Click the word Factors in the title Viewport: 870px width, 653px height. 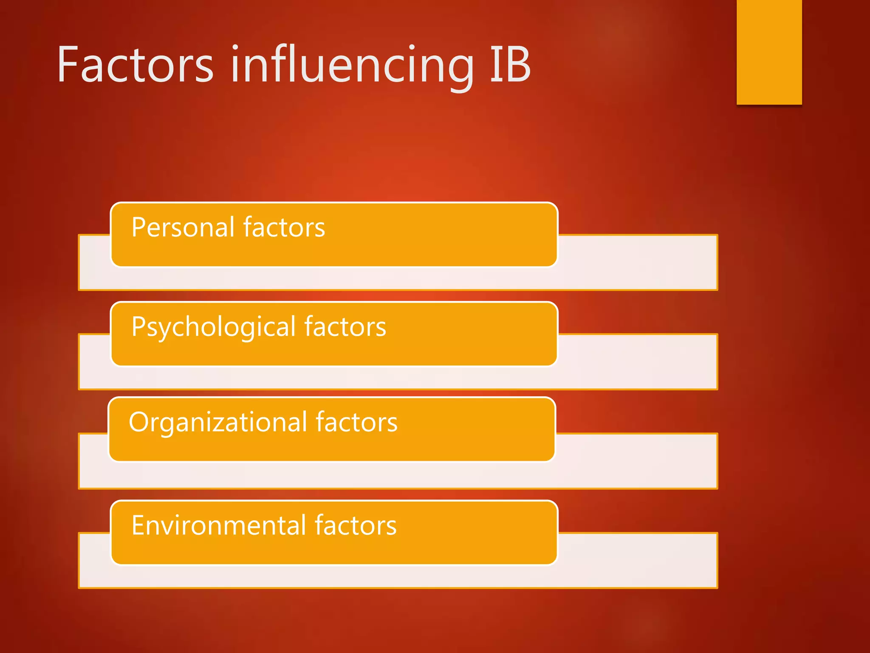tap(135, 65)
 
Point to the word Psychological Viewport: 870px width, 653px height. tap(213, 327)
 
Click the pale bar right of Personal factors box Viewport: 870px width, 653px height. tap(637, 262)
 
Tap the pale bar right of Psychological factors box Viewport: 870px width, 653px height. tap(637, 361)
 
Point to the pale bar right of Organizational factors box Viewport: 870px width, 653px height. tap(637, 461)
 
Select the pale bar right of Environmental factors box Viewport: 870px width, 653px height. tap(637, 560)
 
